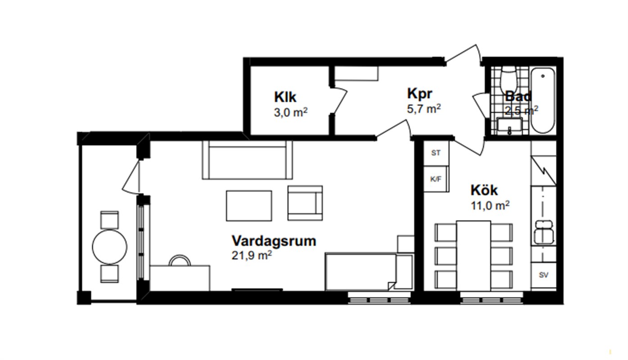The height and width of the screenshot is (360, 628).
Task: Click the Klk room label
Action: pos(285,97)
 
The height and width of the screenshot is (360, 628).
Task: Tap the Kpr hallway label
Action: pos(420,94)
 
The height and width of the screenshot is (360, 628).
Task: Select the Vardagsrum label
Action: pos(274,241)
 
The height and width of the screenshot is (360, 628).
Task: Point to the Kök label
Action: pos(484,190)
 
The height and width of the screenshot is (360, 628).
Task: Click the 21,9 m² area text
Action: pos(252,256)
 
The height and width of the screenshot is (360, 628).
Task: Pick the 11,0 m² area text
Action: pos(490,206)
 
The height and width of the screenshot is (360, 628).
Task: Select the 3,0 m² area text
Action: pos(291,112)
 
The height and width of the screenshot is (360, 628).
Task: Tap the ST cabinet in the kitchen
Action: pos(436,153)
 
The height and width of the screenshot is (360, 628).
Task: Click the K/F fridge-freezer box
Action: pos(436,179)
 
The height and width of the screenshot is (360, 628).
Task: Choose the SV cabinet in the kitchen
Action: pos(543,275)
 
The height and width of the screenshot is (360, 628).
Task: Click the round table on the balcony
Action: pos(109,247)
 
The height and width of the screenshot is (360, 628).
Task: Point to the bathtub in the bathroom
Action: pos(543,100)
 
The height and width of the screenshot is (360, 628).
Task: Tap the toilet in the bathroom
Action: pos(509,78)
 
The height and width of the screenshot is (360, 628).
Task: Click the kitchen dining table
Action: pos(474,256)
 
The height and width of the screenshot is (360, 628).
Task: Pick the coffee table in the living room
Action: pos(249,206)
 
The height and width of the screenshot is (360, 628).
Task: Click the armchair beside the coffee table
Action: pos(305,203)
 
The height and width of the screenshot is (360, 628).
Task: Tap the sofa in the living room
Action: pos(247,160)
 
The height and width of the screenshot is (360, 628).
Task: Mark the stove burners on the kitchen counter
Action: pos(543,232)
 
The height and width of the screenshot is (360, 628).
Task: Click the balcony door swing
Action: pos(131,177)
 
